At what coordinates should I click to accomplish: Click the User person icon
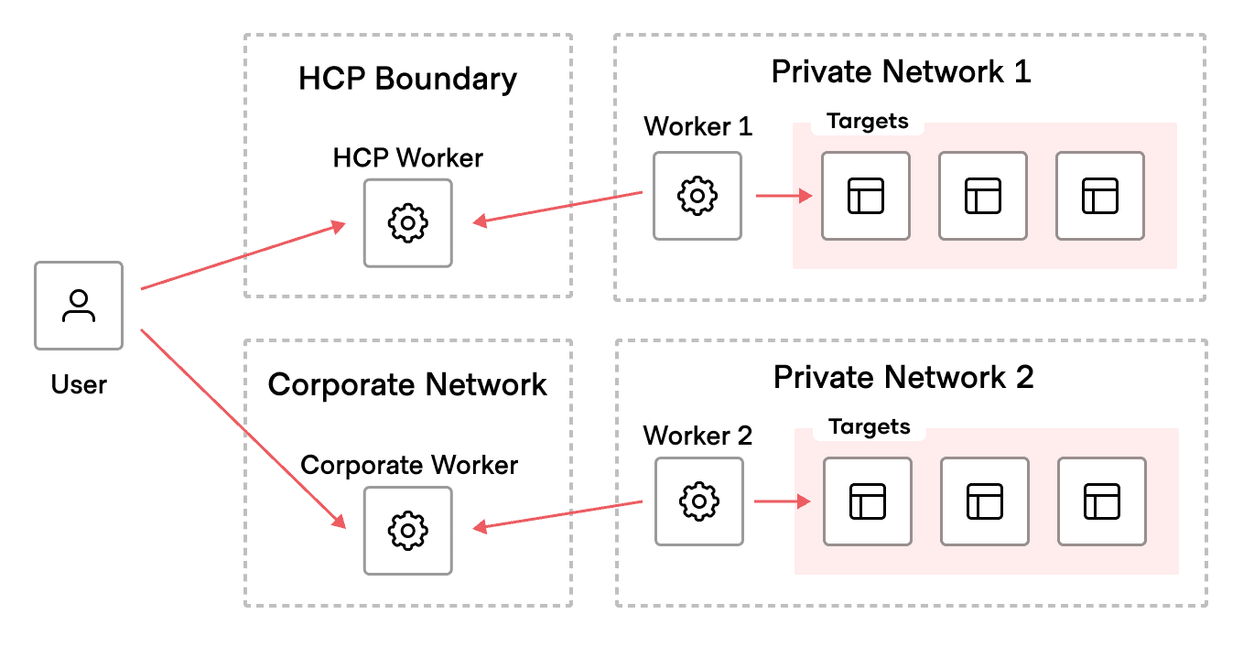coord(79,306)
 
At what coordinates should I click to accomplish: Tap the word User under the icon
coord(79,384)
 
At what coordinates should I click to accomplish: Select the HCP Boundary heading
coord(407,79)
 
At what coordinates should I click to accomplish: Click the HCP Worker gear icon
coord(407,223)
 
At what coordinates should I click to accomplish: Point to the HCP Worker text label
coord(407,157)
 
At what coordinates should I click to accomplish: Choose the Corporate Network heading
coord(407,384)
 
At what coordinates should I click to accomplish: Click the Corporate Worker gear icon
coord(407,530)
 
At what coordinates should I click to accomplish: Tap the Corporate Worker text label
coord(409,465)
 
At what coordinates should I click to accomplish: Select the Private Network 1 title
coord(901,71)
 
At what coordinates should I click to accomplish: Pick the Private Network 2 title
coord(903,377)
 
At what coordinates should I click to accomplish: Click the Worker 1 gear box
coord(697,196)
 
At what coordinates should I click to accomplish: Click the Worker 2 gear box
coord(699,501)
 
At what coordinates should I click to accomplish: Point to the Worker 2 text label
coord(697,436)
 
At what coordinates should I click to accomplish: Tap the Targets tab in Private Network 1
coord(867,122)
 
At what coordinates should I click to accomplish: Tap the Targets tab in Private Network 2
coord(869,427)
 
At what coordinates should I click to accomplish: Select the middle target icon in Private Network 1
coord(983,196)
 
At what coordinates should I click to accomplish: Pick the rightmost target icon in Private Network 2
coord(1102,501)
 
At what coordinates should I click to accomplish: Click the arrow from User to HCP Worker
coord(243,256)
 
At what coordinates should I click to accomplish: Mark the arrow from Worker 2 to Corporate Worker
coord(557,515)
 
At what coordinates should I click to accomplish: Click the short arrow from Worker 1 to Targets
coord(784,196)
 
